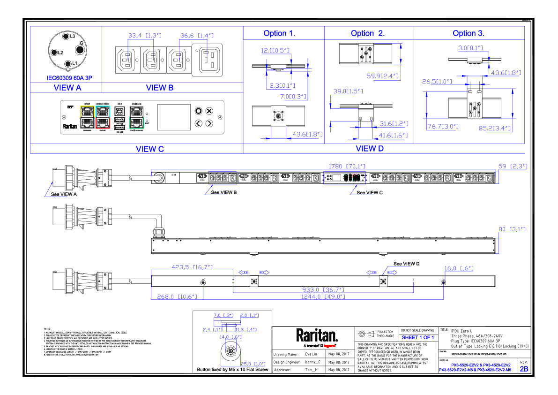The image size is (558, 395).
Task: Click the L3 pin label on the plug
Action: pos(66,36)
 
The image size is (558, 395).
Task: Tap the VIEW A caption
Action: pos(67,88)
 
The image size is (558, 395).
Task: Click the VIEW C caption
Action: pos(150,149)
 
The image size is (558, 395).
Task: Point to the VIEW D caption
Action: pos(370,149)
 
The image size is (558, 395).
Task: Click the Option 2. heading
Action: pos(368,33)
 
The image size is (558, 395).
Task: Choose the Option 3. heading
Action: pos(469,33)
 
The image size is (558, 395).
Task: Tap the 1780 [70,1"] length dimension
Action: pos(347,166)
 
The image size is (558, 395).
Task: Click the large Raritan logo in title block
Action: pos(317,336)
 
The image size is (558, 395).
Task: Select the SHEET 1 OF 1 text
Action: pos(418,337)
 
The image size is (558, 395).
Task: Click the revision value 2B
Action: pos(524,369)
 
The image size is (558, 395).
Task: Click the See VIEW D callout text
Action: pos(406,264)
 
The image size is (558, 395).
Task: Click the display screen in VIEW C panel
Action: pos(174,117)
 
